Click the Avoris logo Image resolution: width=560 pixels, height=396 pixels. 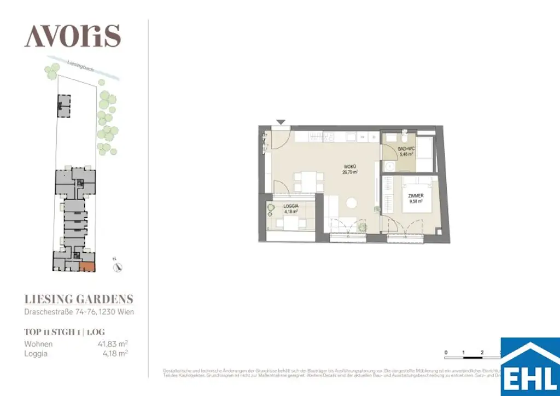click(72, 37)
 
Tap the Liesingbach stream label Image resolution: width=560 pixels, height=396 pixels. click(81, 66)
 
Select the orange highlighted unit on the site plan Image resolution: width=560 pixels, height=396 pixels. click(87, 267)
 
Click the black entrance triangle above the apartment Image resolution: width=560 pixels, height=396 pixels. click(281, 122)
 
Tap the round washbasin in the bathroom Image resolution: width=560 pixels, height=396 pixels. click(390, 166)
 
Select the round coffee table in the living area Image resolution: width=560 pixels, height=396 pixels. click(352, 203)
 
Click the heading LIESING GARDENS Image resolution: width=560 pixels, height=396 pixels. click(79, 299)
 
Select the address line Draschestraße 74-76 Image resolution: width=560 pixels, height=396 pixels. click(79, 312)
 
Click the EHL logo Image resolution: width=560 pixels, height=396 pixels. click(530, 367)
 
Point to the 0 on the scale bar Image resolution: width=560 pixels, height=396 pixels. click(446, 352)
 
